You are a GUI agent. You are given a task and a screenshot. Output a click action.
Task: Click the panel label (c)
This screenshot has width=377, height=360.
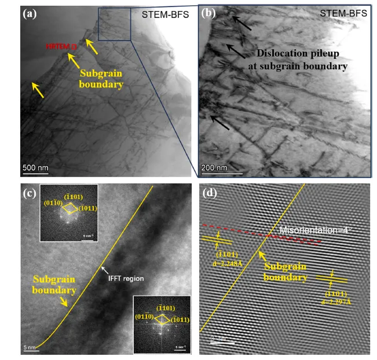tap(29, 194)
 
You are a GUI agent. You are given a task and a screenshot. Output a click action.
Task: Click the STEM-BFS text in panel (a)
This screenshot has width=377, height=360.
tap(165, 14)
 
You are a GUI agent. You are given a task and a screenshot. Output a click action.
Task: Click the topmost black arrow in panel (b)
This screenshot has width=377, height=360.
tap(241, 23)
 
